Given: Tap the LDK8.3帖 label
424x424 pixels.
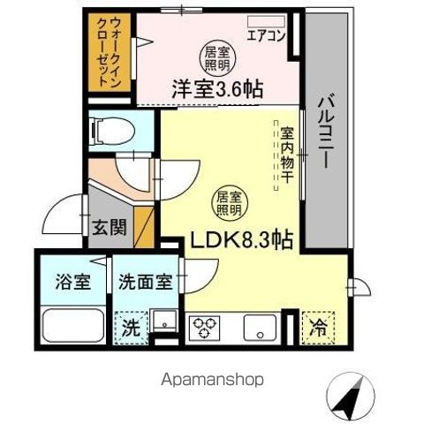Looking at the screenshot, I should point(238,239).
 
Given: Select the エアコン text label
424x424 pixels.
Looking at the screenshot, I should point(265,36).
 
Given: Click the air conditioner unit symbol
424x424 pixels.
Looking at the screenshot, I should point(268,19).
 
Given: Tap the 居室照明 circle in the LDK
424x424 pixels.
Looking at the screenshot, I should point(228,204).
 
